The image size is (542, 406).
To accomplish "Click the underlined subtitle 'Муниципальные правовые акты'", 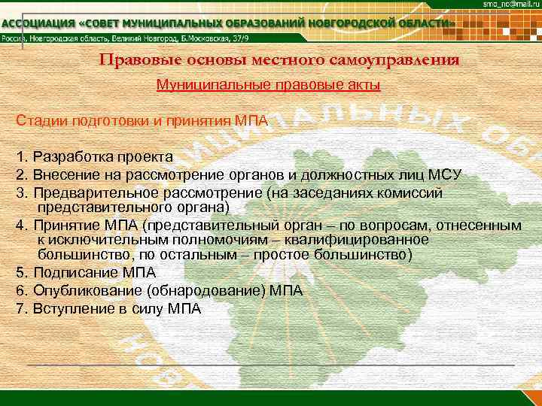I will (268, 85).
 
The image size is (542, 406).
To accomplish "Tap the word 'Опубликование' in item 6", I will (76, 290).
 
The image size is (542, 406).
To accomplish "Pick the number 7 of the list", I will (19, 308).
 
